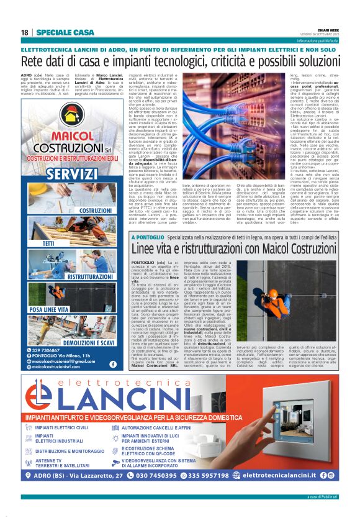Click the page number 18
25,32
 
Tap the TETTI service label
49,243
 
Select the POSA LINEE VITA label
48,309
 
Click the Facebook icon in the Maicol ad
112,364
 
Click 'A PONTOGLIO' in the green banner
148,255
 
